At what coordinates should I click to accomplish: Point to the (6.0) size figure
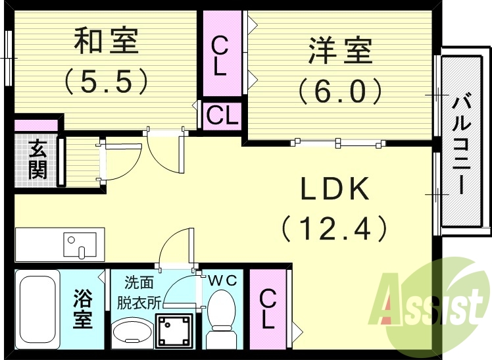(340, 90)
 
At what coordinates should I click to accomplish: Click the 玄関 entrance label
(37, 160)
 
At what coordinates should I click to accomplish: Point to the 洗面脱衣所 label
(139, 293)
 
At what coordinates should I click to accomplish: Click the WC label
(223, 280)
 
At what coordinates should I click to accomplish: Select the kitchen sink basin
(80, 244)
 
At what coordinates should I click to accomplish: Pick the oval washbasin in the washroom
(130, 334)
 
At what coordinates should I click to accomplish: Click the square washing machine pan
(174, 331)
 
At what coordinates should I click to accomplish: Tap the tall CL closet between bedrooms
(221, 56)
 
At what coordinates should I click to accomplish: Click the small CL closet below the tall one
(222, 116)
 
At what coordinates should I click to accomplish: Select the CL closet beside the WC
(268, 309)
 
